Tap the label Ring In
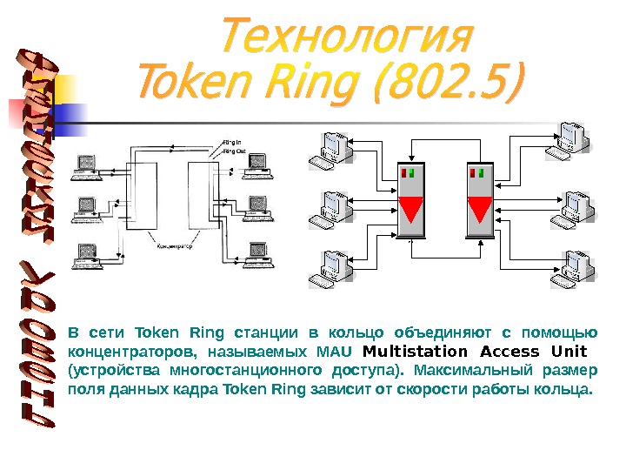[x=232, y=142]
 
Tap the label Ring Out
[x=234, y=151]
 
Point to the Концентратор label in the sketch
[x=174, y=247]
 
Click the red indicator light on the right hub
[x=474, y=173]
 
